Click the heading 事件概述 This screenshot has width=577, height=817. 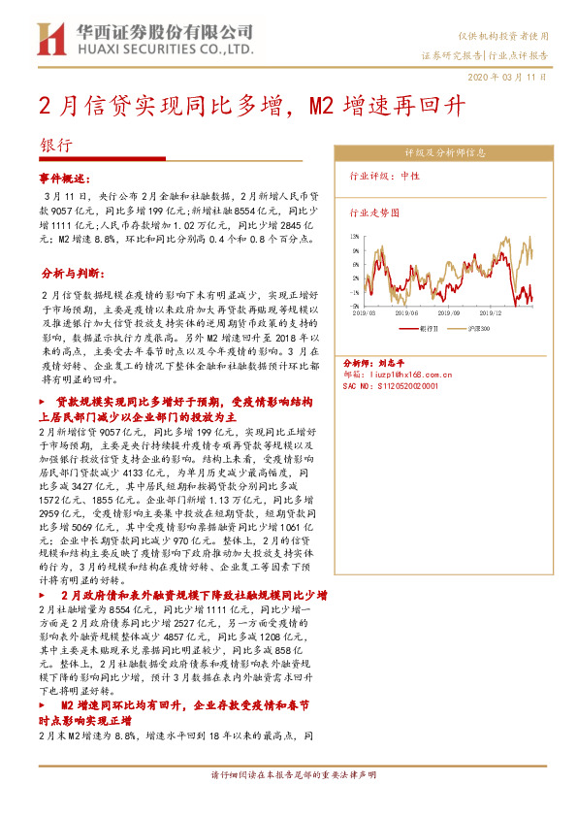click(x=63, y=180)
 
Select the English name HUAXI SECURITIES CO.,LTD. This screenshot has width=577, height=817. click(x=166, y=47)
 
